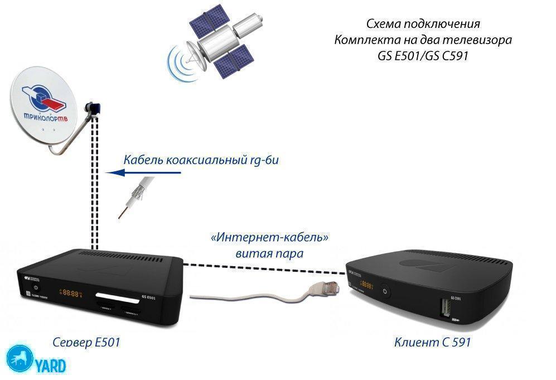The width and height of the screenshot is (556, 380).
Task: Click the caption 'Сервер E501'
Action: tap(87, 341)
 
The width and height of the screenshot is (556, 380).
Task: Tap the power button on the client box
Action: tap(384, 291)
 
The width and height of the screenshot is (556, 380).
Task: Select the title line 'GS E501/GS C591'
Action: tap(423, 56)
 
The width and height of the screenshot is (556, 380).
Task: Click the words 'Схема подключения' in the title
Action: tap(423, 25)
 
